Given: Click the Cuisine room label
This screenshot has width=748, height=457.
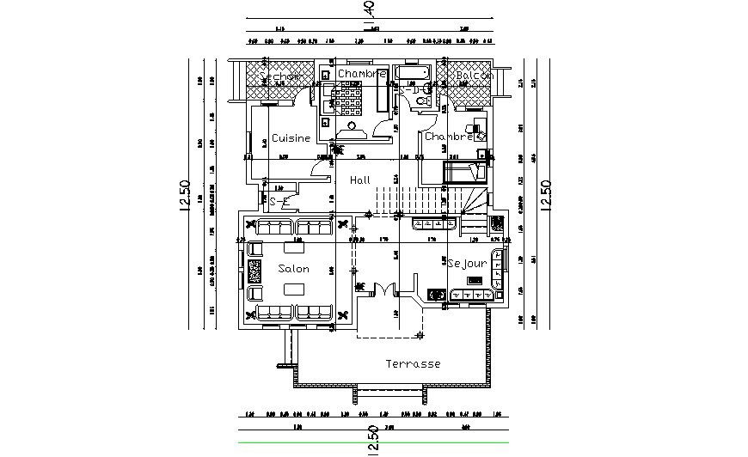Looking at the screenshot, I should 291,137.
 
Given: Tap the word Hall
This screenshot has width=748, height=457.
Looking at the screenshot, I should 359,180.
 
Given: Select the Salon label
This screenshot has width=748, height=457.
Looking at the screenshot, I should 293,269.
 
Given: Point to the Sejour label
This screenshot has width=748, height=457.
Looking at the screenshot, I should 468,263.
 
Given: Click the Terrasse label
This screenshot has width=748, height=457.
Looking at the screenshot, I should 413,363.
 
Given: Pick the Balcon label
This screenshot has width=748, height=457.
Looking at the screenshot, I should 474,76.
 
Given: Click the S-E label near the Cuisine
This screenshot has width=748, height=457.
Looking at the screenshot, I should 276,201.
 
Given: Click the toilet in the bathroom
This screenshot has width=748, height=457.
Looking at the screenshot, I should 420,101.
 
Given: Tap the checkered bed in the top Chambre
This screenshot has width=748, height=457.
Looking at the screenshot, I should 350,103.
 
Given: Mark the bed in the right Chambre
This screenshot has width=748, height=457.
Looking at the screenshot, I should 464,172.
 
